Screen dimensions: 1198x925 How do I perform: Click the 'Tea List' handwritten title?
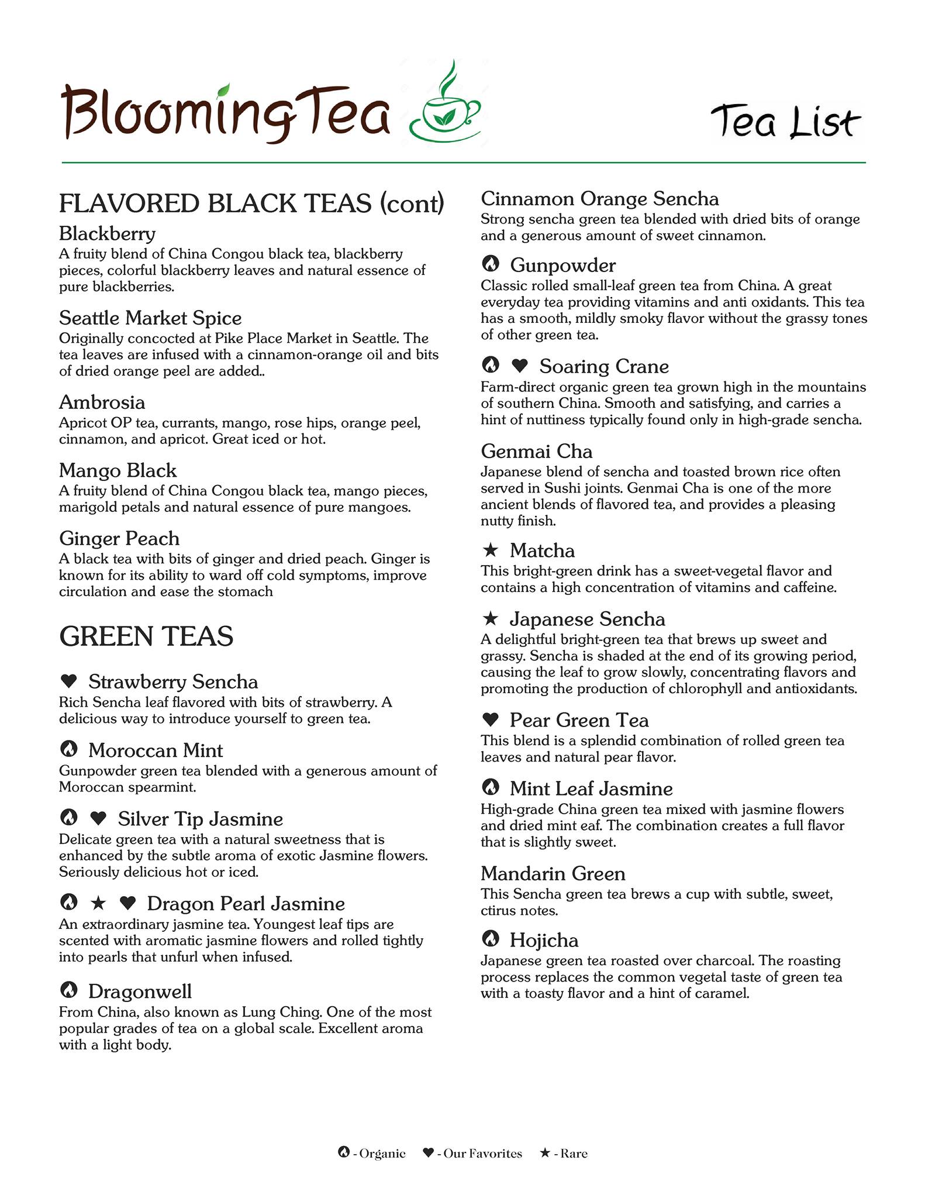[785, 122]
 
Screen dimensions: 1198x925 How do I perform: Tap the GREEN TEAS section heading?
[146, 636]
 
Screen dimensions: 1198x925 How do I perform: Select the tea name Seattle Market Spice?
[150, 318]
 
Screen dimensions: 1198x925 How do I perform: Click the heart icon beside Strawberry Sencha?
[69, 681]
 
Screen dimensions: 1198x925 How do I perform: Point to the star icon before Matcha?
[491, 550]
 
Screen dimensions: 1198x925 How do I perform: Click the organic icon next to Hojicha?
[491, 939]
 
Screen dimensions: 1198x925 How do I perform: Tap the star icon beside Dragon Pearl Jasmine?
[98, 903]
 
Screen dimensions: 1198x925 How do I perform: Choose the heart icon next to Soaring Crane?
[520, 366]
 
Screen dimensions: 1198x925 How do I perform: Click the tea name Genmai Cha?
[536, 451]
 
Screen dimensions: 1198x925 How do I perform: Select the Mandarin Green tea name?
[553, 873]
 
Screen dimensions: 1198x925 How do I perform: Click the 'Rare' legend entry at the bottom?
[564, 1154]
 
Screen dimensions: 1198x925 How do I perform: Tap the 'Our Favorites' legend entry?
[472, 1154]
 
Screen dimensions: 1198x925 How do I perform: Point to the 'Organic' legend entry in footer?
[372, 1154]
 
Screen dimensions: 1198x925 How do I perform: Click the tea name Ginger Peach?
[119, 538]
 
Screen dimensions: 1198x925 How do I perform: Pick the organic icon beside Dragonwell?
[69, 990]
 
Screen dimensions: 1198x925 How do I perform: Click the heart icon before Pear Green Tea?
[491, 720]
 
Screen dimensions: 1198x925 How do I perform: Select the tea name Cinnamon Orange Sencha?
[599, 199]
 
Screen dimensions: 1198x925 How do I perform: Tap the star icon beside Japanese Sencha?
[491, 618]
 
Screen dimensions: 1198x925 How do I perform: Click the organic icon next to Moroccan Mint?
[69, 749]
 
